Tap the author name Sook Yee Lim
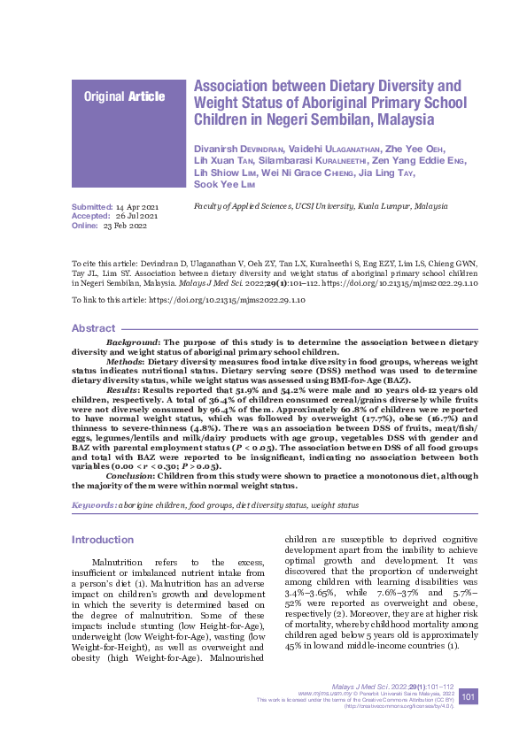pos(227,184)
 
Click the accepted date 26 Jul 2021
pos(137,216)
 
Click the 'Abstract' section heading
pos(93,328)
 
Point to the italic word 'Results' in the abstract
pos(122,388)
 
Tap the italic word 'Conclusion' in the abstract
pos(130,473)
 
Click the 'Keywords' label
pos(93,504)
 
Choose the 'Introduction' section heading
pos(102,540)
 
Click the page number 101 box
pos(469,697)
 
